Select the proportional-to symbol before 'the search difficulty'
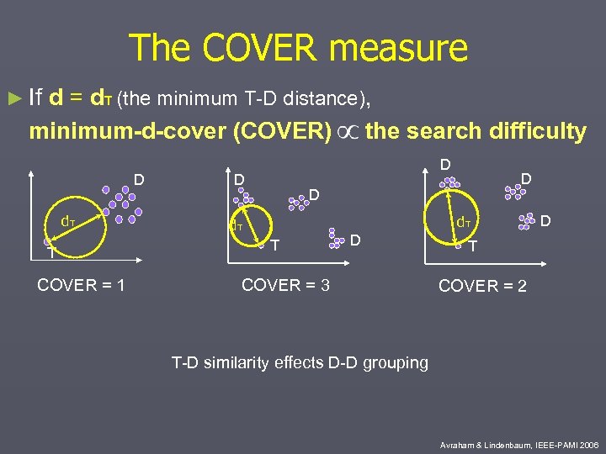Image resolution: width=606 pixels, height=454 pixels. (348, 132)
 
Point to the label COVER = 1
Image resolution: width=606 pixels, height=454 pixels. (81, 285)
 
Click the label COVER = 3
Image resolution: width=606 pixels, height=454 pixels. (285, 285)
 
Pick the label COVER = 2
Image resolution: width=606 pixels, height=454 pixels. (482, 286)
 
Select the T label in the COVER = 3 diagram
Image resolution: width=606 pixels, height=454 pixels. (274, 245)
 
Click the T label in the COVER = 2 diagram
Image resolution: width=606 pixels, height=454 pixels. (474, 246)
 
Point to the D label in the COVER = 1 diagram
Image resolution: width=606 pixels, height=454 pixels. (139, 178)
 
